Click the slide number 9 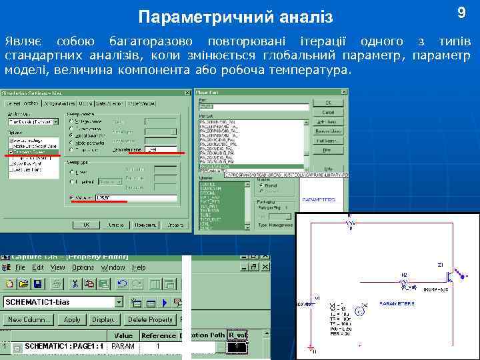pyautogui.click(x=461, y=13)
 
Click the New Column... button pyautogui.click(x=29, y=320)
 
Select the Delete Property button pyautogui.click(x=151, y=320)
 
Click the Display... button pyautogui.click(x=105, y=320)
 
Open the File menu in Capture pyautogui.click(x=20, y=267)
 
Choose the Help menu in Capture pyautogui.click(x=139, y=267)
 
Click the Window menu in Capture pyautogui.click(x=113, y=267)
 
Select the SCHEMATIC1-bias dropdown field pyautogui.click(x=63, y=302)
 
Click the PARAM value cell pyautogui.click(x=123, y=347)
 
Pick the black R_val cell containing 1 pyautogui.click(x=237, y=347)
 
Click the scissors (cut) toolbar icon pyautogui.click(x=75, y=284)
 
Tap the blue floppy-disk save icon pyautogui.click(x=39, y=284)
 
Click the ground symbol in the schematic pyautogui.click(x=314, y=348)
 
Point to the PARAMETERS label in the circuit pyautogui.click(x=397, y=303)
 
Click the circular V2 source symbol pyautogui.click(x=358, y=311)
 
